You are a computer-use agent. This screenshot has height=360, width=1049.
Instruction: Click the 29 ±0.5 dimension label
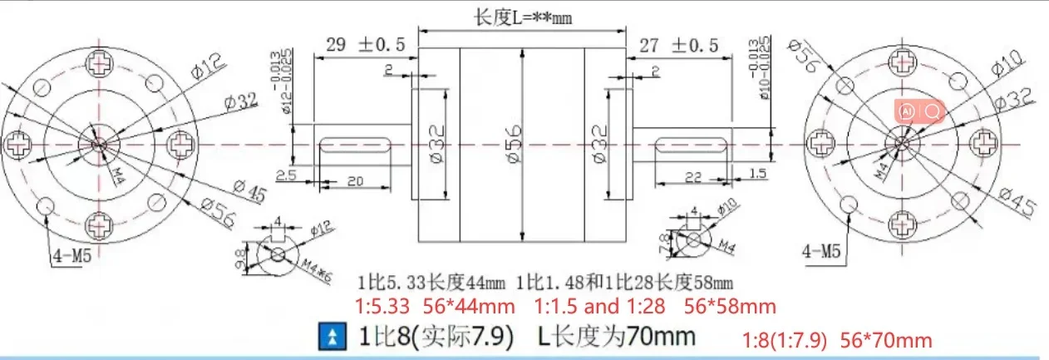pos(365,46)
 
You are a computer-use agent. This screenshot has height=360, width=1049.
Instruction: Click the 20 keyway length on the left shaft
pos(355,181)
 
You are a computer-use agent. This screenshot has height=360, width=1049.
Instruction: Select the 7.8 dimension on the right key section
pos(674,243)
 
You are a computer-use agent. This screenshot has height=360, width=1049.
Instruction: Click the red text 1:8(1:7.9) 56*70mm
pos(836,340)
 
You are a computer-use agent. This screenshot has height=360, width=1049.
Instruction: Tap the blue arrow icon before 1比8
pos(332,337)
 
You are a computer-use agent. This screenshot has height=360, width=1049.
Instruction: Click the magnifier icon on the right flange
pos(933,111)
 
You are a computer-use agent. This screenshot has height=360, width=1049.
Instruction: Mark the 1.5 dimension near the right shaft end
pos(756,173)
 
